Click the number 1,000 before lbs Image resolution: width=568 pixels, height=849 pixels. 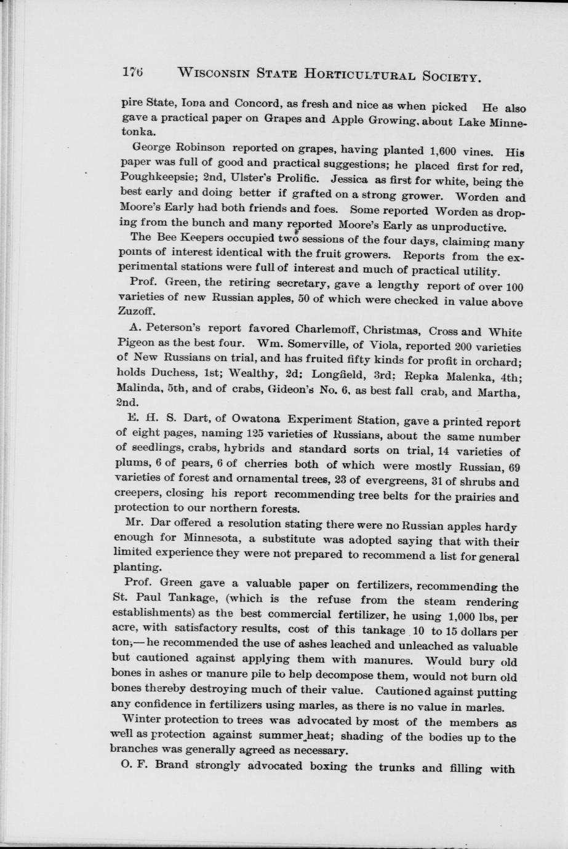pyautogui.click(x=447, y=616)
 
